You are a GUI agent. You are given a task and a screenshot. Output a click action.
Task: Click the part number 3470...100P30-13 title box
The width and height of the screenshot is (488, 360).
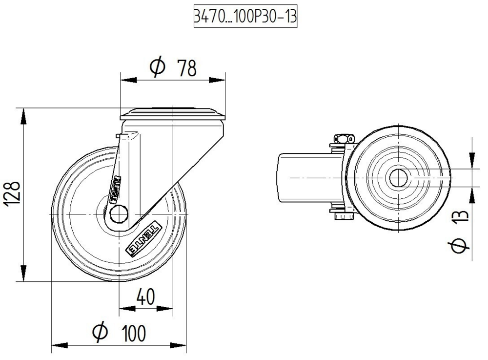(x=245, y=17)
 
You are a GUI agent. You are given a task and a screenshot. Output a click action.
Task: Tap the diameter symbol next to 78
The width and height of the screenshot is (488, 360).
(x=158, y=67)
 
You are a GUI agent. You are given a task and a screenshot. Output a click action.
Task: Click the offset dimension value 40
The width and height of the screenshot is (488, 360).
(x=145, y=296)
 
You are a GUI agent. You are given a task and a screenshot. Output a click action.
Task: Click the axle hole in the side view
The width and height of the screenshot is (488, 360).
(x=119, y=214)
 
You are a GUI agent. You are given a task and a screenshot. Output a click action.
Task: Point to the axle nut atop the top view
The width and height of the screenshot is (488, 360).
(x=341, y=139)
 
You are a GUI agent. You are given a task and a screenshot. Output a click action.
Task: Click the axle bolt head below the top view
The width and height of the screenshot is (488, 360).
(x=342, y=215)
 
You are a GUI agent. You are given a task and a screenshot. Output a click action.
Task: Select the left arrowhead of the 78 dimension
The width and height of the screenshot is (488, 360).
(x=126, y=80)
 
